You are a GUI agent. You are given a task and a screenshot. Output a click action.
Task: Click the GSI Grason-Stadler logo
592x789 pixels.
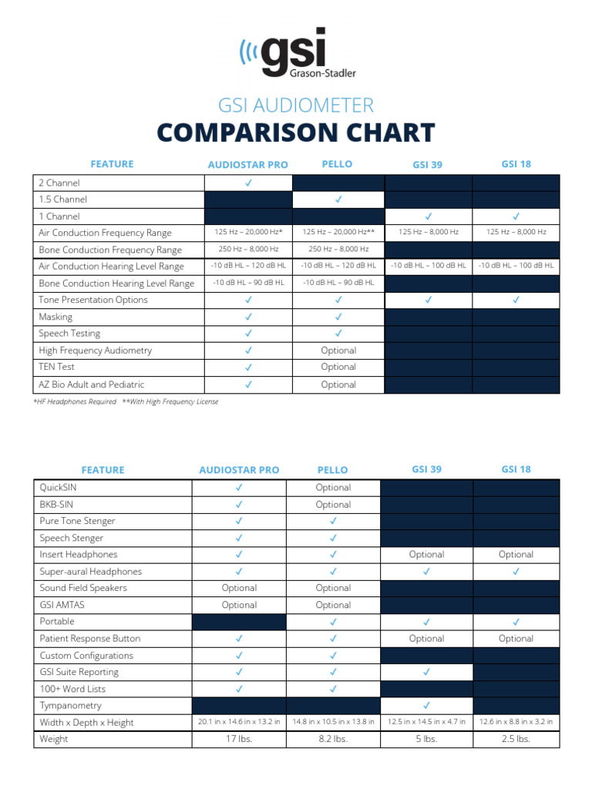[x=297, y=54]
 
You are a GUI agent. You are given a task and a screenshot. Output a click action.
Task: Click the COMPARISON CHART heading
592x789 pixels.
[x=296, y=133]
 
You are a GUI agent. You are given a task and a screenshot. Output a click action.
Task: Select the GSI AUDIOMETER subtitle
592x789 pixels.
[x=296, y=105]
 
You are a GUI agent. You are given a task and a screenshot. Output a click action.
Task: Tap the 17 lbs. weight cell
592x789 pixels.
[x=239, y=739]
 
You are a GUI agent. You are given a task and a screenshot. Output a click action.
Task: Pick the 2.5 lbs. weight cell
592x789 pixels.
[x=516, y=739]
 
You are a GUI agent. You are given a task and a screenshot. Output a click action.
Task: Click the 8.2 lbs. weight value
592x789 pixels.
[x=333, y=739]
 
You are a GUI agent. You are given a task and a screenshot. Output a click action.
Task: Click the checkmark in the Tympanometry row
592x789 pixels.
[x=427, y=706]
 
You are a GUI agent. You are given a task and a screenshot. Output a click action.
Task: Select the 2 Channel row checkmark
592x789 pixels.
[x=248, y=183]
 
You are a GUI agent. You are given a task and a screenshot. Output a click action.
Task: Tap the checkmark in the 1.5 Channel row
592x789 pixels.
[x=338, y=200]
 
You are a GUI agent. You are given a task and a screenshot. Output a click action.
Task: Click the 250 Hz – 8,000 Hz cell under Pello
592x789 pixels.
[x=338, y=250]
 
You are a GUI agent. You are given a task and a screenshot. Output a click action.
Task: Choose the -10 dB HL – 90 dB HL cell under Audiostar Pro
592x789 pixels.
[x=248, y=283]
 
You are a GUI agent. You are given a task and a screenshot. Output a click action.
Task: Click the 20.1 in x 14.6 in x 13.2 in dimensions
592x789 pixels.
[x=239, y=722]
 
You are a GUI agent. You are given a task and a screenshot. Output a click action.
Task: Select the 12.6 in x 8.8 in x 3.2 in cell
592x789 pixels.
[x=516, y=722]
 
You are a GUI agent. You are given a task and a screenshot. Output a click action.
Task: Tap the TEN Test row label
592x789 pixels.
[x=57, y=367]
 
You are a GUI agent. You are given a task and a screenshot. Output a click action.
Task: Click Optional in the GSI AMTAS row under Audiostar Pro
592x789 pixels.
[x=239, y=605]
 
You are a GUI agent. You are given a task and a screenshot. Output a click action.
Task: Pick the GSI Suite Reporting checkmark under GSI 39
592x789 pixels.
[x=427, y=672]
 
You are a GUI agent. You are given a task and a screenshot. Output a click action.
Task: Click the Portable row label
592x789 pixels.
[x=57, y=621]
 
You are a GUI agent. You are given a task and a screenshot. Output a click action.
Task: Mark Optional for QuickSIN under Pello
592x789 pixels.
[x=333, y=488]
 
